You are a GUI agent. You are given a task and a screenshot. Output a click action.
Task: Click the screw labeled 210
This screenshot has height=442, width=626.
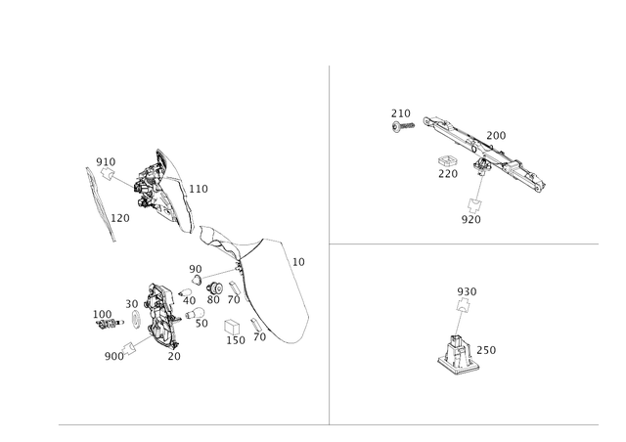[403, 126]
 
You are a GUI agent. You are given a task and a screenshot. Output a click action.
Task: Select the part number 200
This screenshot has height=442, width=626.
[496, 136]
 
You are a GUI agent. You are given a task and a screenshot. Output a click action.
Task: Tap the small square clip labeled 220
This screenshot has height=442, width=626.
[448, 161]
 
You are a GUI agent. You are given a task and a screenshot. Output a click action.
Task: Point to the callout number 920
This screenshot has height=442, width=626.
[471, 220]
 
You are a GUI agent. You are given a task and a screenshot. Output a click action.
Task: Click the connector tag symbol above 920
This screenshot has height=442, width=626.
[474, 205]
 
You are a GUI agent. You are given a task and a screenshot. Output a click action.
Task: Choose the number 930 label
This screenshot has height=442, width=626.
[467, 291]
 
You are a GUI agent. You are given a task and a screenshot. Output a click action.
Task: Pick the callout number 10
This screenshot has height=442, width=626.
[298, 262]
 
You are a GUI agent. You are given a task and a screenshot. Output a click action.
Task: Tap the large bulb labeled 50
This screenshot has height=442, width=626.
[196, 313]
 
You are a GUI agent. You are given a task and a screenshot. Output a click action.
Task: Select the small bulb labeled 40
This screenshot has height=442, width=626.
[185, 292]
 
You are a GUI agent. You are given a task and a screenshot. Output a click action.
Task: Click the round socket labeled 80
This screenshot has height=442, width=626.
[215, 287]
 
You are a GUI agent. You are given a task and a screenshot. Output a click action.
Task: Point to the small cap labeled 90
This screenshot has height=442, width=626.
[197, 279]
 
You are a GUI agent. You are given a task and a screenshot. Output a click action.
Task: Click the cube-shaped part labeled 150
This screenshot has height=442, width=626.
[232, 327]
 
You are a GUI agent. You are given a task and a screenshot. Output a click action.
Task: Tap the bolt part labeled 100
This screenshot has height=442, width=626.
[108, 324]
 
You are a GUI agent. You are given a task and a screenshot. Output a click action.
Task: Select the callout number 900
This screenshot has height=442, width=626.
[114, 356]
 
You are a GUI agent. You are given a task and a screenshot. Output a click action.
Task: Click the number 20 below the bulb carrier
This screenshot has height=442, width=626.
[174, 356]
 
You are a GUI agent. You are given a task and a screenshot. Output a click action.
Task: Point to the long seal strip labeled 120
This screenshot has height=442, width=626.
[101, 204]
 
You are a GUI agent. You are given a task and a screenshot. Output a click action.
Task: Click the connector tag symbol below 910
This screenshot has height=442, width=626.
[108, 174]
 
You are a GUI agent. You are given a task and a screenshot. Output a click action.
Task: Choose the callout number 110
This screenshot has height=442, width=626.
[199, 189]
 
